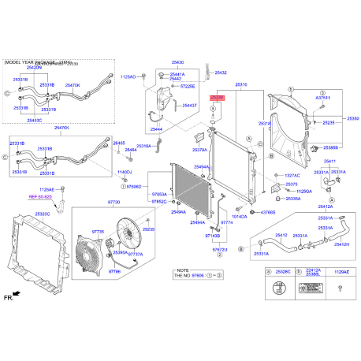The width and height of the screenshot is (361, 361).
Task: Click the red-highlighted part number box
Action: [218, 95]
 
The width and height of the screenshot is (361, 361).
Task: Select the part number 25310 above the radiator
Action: [240, 84]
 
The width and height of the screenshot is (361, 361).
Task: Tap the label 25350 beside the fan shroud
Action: [353, 117]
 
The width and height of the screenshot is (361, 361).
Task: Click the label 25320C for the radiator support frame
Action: [42, 214]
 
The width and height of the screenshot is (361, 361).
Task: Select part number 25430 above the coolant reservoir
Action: [178, 61]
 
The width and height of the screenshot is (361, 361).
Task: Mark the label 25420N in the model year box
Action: [34, 68]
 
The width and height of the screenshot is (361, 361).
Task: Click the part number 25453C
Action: [34, 121]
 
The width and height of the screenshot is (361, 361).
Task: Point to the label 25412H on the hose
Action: [340, 244]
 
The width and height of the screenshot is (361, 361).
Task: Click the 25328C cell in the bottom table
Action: [281, 270]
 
